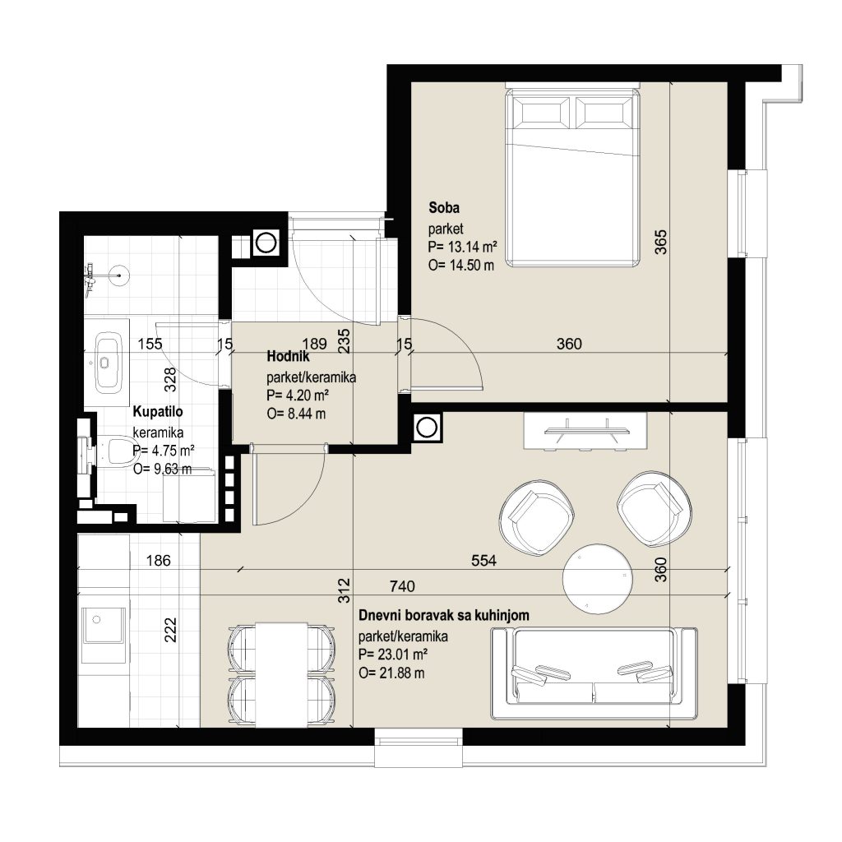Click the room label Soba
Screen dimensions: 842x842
[x=443, y=207]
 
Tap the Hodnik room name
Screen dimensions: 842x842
[x=288, y=357]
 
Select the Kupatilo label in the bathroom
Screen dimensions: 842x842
[x=158, y=412]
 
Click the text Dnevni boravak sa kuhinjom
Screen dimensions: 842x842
[x=443, y=615]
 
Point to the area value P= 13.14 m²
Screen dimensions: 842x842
[x=462, y=247]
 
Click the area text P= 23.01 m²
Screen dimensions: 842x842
[x=393, y=655]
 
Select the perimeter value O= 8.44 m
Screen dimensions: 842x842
[x=296, y=414]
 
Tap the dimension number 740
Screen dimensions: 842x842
[x=402, y=585]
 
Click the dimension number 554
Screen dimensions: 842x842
[x=483, y=561]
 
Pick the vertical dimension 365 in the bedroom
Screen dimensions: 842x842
[x=661, y=242]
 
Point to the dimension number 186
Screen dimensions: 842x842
[x=159, y=561]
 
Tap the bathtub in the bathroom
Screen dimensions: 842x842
[x=109, y=363]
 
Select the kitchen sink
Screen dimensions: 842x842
[x=103, y=626]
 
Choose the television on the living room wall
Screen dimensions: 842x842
[x=586, y=431]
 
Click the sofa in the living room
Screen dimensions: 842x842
[x=594, y=673]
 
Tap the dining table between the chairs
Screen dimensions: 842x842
[x=282, y=675]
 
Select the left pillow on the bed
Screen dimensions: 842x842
[x=541, y=113]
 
